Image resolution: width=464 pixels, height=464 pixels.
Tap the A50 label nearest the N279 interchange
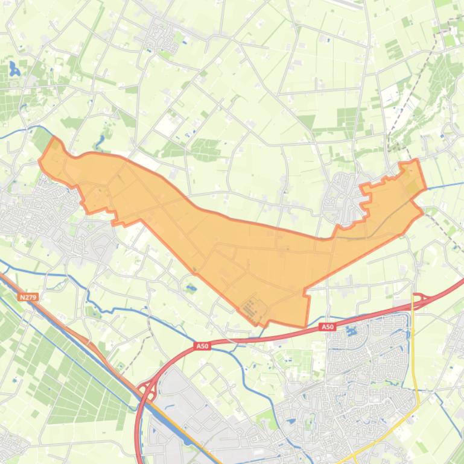point(202,346)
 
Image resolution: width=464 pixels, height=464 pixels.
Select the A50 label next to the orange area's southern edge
point(327,327)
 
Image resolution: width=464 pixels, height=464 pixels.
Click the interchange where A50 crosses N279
point(147,390)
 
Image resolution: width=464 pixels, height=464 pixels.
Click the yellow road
point(415,362)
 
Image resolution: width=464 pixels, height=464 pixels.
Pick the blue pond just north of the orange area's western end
point(100,142)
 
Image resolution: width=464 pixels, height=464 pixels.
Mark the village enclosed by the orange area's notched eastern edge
point(344,196)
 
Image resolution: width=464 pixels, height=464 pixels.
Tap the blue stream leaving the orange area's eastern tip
point(443,184)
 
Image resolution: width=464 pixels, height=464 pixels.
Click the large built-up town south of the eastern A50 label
point(356,386)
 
